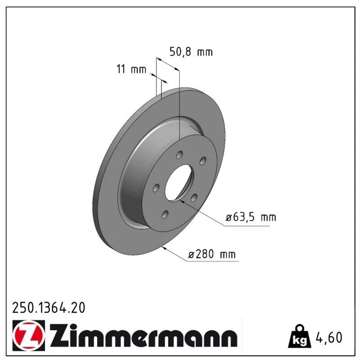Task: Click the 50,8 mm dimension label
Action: pos(191,52)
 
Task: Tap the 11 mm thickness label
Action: pos(131,69)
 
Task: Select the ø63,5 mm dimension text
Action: pos(251,217)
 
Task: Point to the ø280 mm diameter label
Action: pos(211,254)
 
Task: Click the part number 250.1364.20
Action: pos(49,308)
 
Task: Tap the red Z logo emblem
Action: pos(29,335)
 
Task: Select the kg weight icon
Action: pos(300,336)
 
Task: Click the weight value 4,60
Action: pos(329,337)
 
